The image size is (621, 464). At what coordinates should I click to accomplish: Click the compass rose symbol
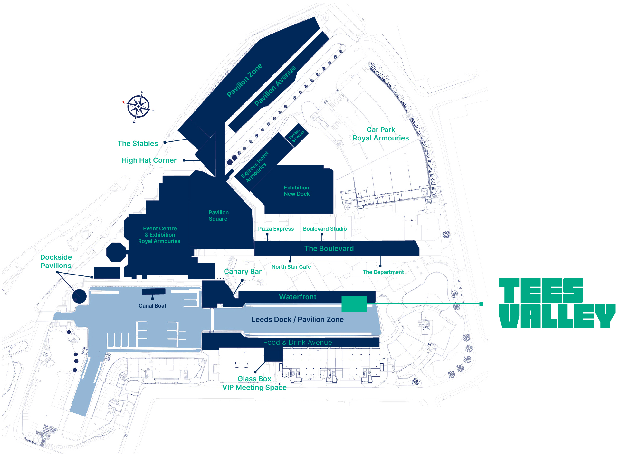139,107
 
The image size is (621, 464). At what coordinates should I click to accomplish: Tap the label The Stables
138,144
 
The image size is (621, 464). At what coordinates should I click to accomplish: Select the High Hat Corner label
149,160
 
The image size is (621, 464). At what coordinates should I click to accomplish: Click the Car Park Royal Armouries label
380,134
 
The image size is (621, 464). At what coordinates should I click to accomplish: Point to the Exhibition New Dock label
297,191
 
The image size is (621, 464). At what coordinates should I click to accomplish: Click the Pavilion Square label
218,216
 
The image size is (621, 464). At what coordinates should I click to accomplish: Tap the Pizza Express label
276,229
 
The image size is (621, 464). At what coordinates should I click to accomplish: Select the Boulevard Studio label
325,229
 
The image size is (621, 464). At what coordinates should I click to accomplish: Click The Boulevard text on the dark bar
329,249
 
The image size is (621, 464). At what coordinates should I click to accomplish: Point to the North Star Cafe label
291,267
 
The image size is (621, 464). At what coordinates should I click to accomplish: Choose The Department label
383,272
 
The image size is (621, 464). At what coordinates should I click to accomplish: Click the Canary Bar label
243,272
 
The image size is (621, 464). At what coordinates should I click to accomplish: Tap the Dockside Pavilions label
56,262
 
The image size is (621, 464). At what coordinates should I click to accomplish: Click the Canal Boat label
152,306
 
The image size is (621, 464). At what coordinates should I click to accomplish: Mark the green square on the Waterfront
354,304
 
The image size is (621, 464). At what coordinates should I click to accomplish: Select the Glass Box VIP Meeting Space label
254,383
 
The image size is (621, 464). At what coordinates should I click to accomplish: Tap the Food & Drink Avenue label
297,343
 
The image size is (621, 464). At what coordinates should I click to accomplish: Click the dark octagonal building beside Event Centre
116,252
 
